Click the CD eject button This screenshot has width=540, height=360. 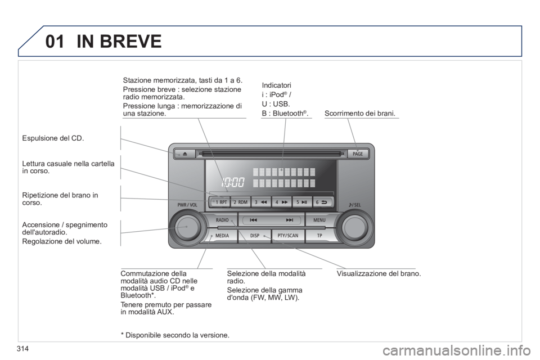click(x=184, y=154)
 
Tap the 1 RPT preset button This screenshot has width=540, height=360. click(x=219, y=202)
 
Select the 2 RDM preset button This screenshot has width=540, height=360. click(x=240, y=202)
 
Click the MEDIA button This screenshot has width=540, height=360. click(x=222, y=236)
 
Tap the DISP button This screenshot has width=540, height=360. click(x=254, y=236)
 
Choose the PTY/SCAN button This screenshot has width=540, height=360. click(x=288, y=236)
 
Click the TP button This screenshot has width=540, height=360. click(x=319, y=236)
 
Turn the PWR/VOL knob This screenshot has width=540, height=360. click(x=187, y=227)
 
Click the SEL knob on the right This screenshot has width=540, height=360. click(x=355, y=227)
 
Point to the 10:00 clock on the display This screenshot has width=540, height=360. click(x=233, y=182)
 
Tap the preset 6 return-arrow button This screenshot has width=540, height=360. click(x=323, y=202)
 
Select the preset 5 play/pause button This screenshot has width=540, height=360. click(x=302, y=202)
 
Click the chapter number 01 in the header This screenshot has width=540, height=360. click(x=55, y=41)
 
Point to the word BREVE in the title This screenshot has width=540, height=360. click(x=130, y=41)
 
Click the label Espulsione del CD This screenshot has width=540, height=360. click(x=53, y=138)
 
